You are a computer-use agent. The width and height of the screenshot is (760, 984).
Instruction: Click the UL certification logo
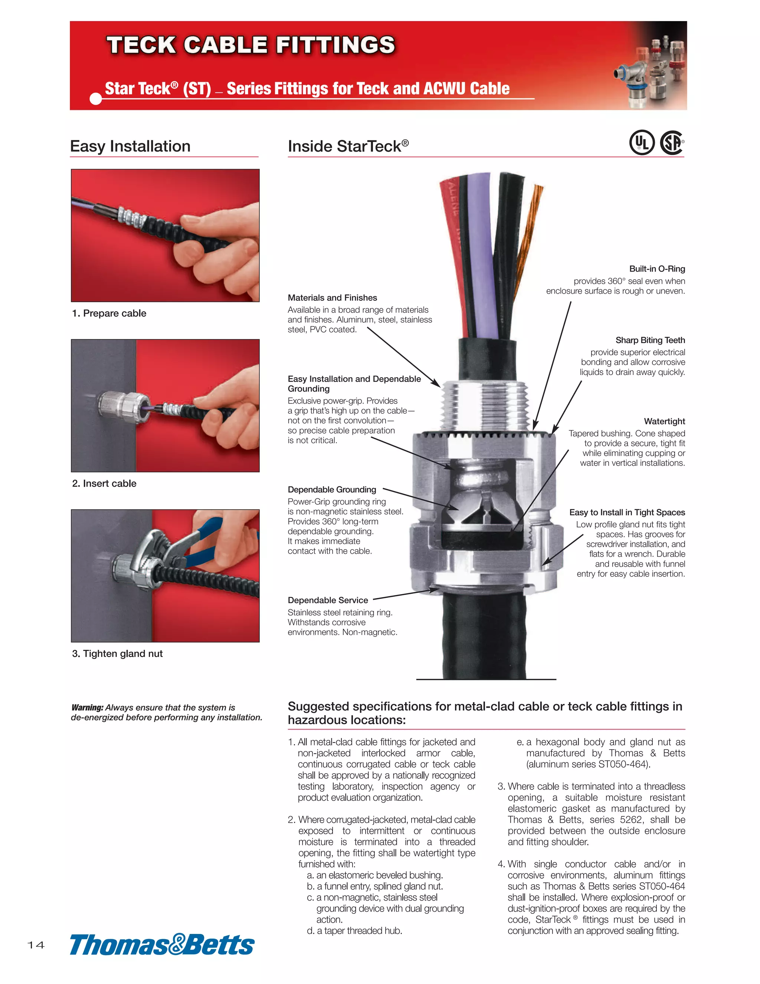(642, 142)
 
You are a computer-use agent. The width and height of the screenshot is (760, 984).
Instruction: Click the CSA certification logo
(672, 142)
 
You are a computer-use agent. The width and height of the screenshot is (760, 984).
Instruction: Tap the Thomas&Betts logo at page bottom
(162, 944)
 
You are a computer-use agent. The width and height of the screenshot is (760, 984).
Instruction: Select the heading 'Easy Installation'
(130, 147)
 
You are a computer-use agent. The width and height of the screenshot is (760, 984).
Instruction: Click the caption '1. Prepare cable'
(109, 313)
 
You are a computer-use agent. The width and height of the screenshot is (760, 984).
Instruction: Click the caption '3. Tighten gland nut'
(117, 653)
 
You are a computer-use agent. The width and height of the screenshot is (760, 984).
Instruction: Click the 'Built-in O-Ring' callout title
(657, 269)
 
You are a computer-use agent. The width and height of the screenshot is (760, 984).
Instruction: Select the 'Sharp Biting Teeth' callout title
(650, 340)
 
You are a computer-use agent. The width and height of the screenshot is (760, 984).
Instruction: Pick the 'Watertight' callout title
(664, 421)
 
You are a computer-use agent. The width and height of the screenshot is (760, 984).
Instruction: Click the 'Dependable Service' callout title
(328, 600)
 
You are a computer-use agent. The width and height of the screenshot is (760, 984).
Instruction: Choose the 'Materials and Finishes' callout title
(332, 298)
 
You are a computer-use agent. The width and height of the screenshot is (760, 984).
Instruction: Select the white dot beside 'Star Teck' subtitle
(96, 98)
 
